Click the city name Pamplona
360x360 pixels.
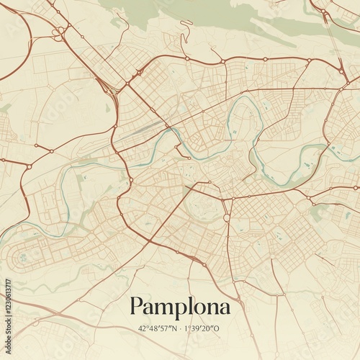(x=180, y=307)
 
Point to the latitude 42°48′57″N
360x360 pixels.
(x=158, y=328)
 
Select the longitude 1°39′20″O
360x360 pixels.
(x=204, y=328)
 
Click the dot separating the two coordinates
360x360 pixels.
(x=181, y=328)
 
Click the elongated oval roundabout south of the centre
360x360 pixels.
(x=226, y=217)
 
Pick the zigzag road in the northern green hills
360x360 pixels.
(x=187, y=30)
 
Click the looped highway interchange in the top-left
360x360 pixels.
(x=58, y=32)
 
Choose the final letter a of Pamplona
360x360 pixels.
(x=223, y=308)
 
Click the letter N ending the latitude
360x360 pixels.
(x=176, y=328)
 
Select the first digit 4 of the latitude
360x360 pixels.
(x=140, y=328)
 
